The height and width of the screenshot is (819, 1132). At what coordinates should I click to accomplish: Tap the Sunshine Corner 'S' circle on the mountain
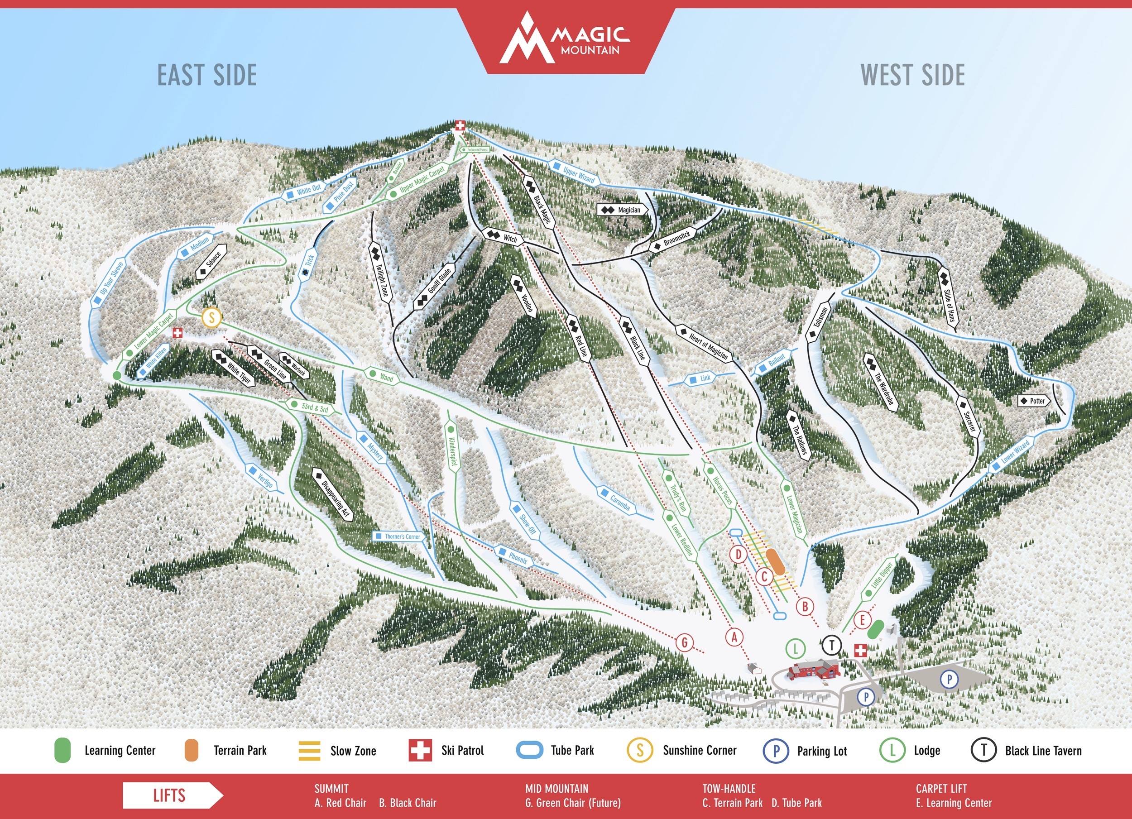[x=211, y=317]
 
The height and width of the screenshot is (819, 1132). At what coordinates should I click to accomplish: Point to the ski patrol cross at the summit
[x=459, y=125]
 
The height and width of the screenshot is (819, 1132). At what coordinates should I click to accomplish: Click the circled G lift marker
[x=685, y=642]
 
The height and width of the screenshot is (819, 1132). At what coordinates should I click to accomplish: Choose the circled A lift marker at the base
[x=734, y=637]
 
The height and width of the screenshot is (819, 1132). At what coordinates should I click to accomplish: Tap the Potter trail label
[x=1034, y=401]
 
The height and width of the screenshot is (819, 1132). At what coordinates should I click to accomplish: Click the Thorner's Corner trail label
[x=398, y=536]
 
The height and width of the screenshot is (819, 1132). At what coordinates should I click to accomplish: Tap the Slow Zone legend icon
[x=309, y=751]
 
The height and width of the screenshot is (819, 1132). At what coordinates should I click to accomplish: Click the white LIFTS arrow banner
[x=172, y=795]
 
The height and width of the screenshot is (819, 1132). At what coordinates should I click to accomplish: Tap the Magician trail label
[x=623, y=210]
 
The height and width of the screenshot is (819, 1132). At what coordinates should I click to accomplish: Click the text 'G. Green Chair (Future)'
[x=572, y=803]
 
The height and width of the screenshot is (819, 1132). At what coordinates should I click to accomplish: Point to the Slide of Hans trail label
[x=949, y=297]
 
